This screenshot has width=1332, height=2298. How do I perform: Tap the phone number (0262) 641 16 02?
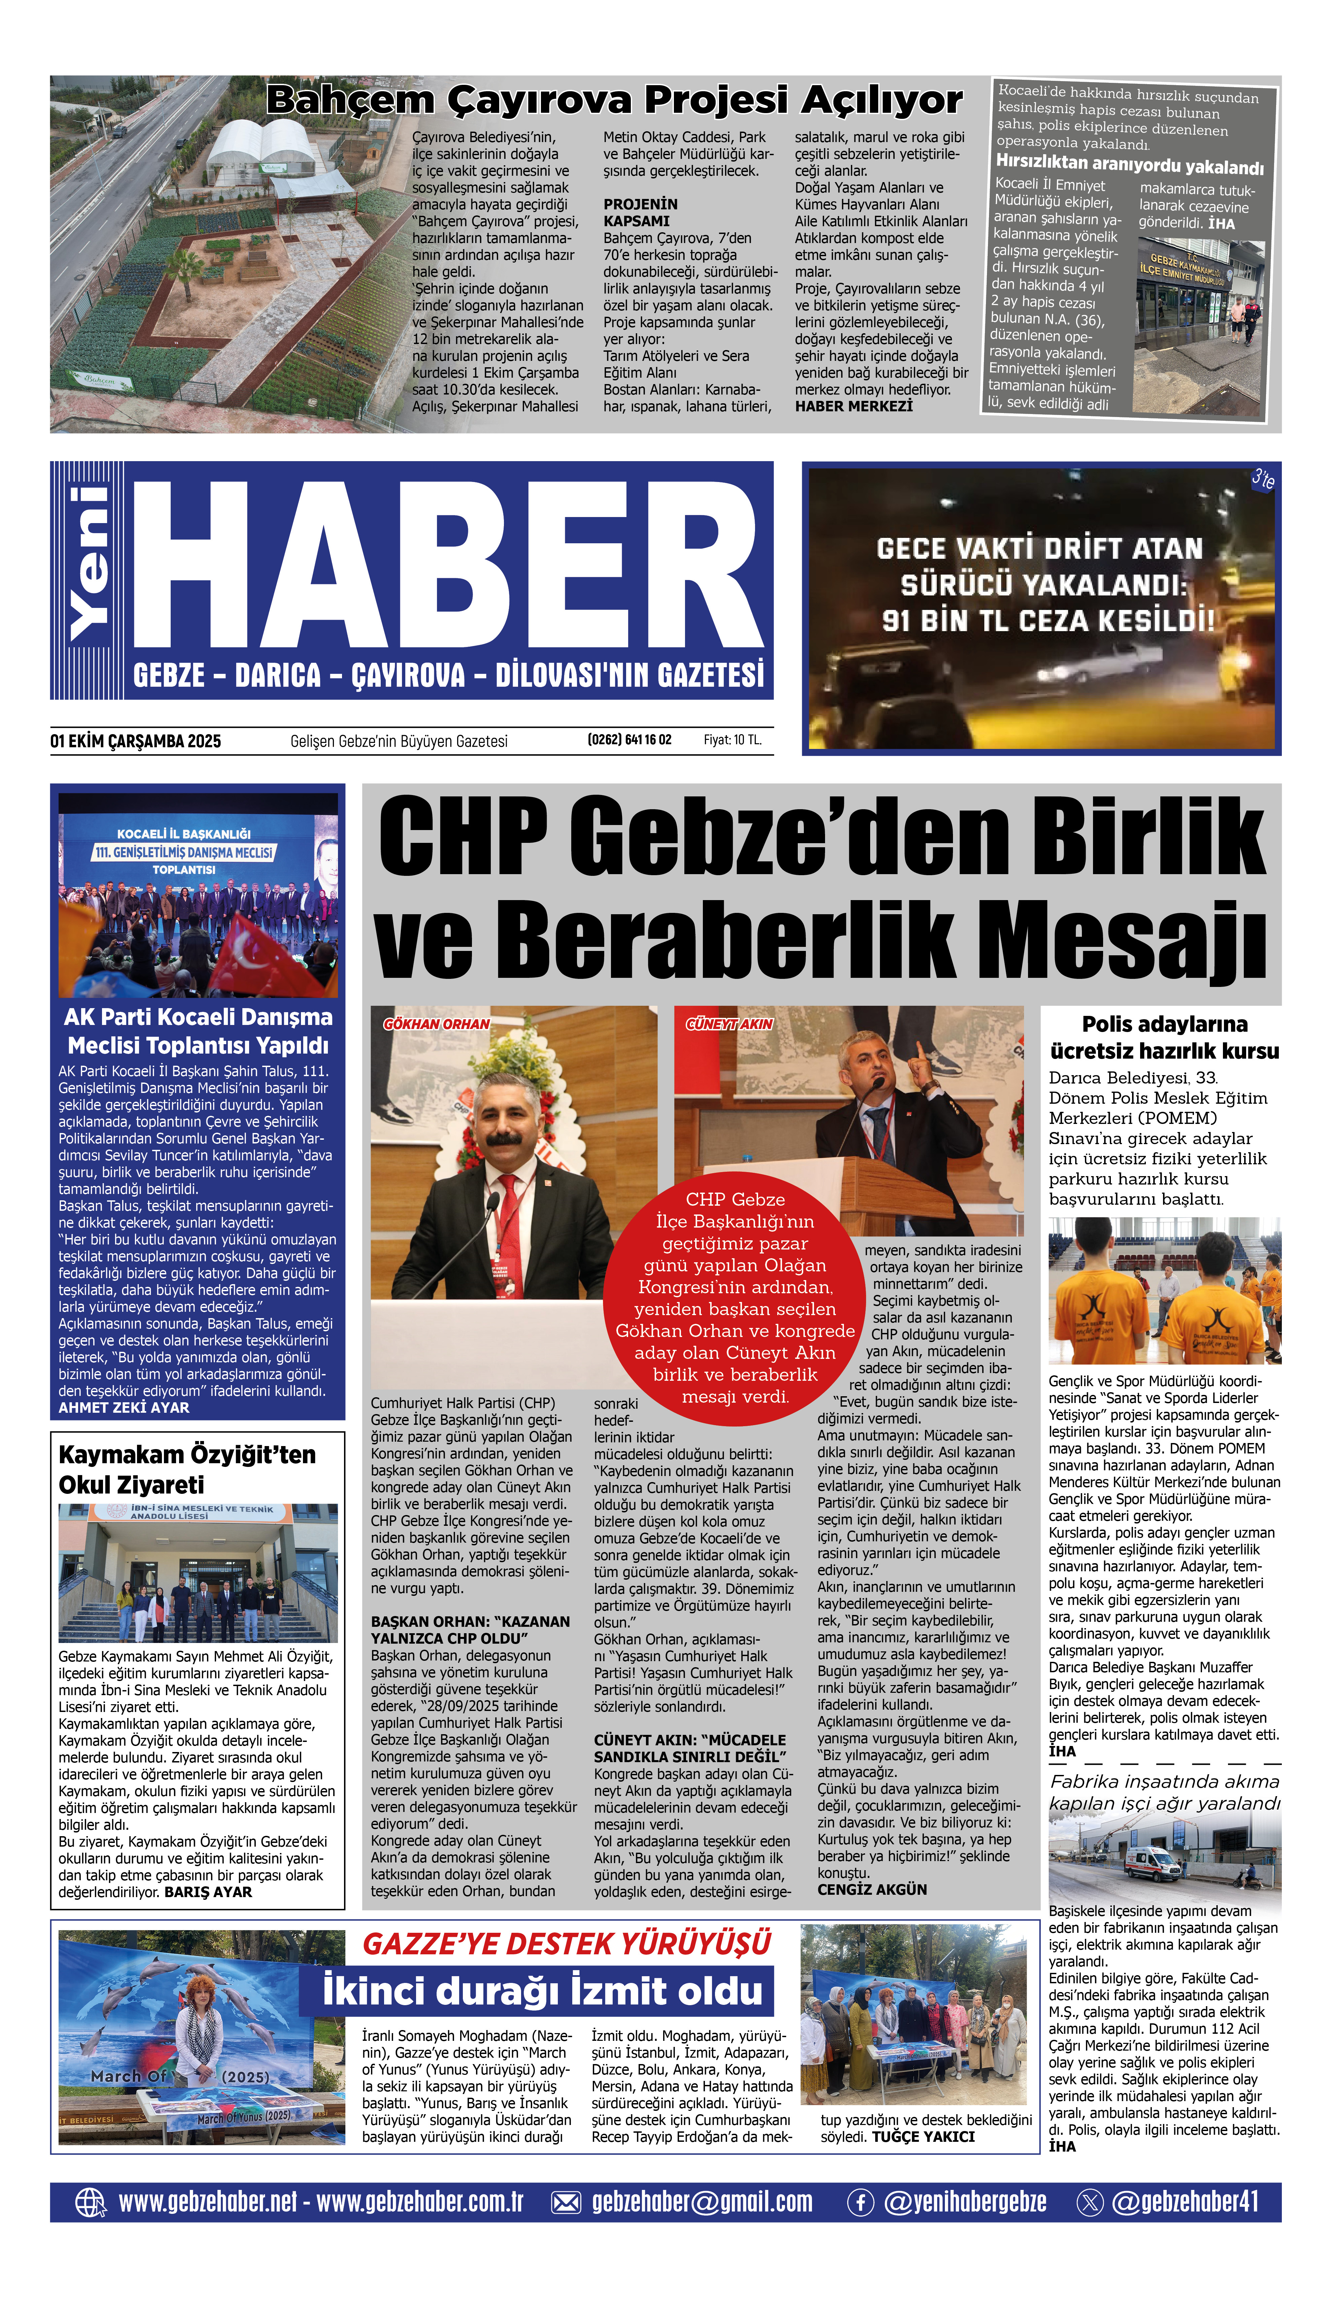(629, 740)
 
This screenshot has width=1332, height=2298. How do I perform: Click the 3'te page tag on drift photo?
(1262, 478)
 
